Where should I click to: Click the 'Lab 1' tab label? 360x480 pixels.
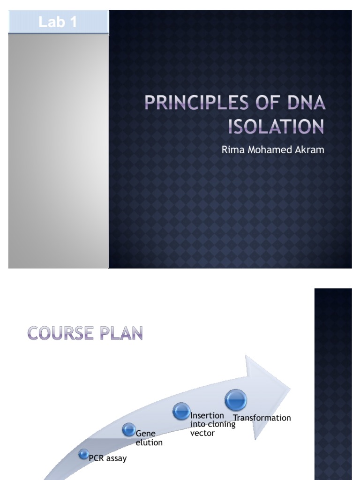(x=58, y=22)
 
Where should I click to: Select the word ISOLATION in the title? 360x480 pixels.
(x=276, y=127)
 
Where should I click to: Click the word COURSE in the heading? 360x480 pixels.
(x=60, y=333)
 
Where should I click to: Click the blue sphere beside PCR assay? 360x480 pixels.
(x=83, y=454)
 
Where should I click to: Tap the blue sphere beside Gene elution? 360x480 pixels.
(x=129, y=430)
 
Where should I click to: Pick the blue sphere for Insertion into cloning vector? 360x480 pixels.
(x=181, y=411)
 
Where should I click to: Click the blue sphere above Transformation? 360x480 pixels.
(x=235, y=400)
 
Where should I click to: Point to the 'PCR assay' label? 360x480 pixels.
(x=108, y=458)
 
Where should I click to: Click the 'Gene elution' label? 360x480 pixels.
(x=149, y=438)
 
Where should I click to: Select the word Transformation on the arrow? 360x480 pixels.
(x=262, y=418)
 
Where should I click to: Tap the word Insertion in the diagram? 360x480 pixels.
(x=207, y=416)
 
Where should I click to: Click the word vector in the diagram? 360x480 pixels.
(x=202, y=433)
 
